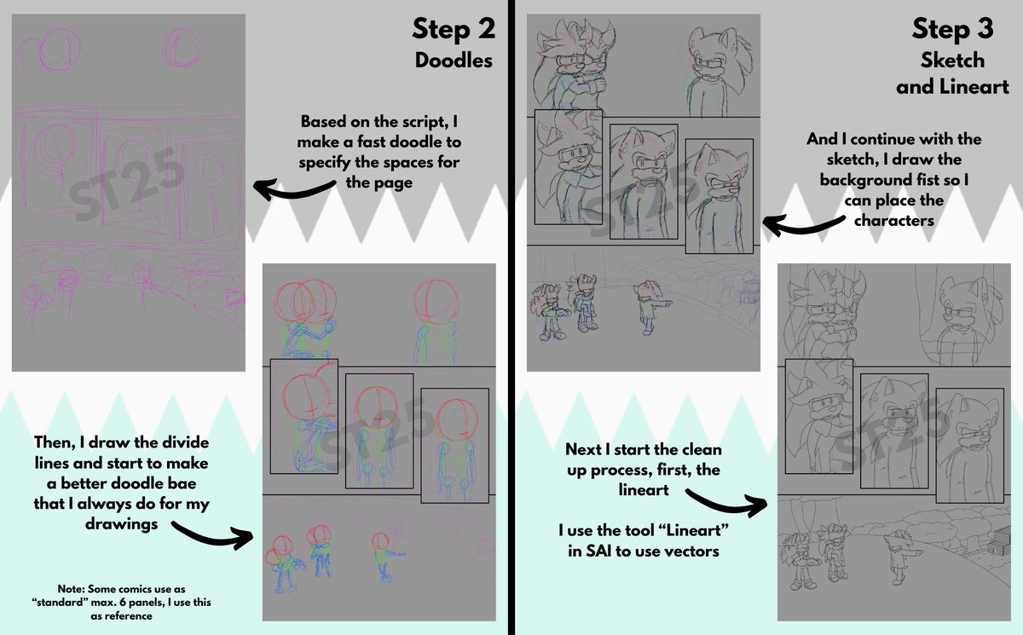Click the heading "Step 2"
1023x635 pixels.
454,29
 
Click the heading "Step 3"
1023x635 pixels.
953,29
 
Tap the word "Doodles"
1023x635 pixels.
454,61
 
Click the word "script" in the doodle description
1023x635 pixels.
427,122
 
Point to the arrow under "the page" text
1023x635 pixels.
295,189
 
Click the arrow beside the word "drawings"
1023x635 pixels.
212,535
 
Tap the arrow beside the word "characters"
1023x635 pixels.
804,226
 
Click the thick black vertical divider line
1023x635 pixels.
511,317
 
